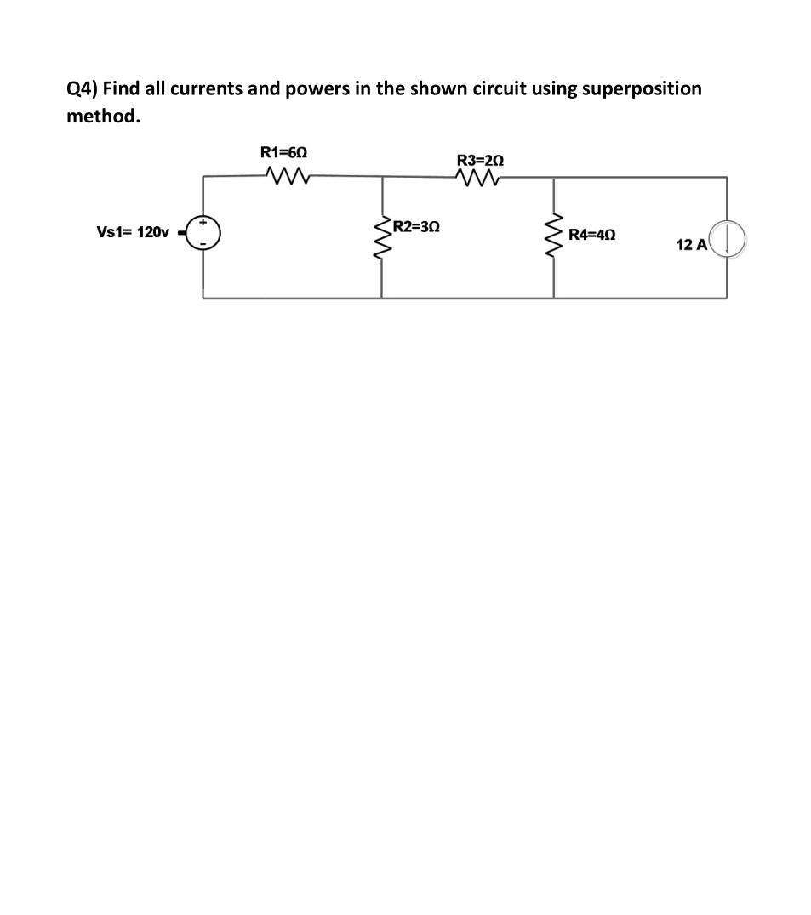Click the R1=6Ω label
point(283,152)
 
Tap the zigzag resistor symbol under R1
point(285,176)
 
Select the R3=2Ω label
point(480,160)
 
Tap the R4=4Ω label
point(592,234)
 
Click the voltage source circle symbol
point(204,232)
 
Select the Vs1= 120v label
point(134,232)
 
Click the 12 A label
point(691,245)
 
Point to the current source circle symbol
point(728,239)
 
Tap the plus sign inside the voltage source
point(204,224)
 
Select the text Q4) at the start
point(83,88)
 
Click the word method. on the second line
point(103,117)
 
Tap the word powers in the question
point(317,88)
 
